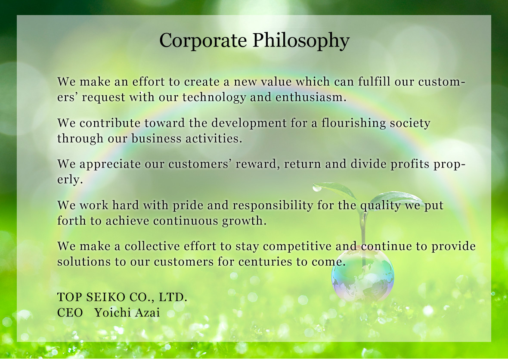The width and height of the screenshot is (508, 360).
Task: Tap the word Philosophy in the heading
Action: [301, 41]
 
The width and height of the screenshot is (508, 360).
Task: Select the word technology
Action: [214, 97]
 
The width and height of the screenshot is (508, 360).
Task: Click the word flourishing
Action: [353, 124]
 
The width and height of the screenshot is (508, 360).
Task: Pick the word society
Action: [410, 124]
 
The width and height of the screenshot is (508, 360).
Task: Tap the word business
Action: [156, 138]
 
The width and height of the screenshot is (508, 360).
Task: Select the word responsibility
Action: [273, 205]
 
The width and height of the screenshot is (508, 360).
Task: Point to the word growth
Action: [244, 221]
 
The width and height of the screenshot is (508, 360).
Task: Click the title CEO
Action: [70, 313]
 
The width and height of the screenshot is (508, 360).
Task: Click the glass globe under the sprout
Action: [362, 275]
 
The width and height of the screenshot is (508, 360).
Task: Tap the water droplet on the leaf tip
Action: [317, 188]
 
